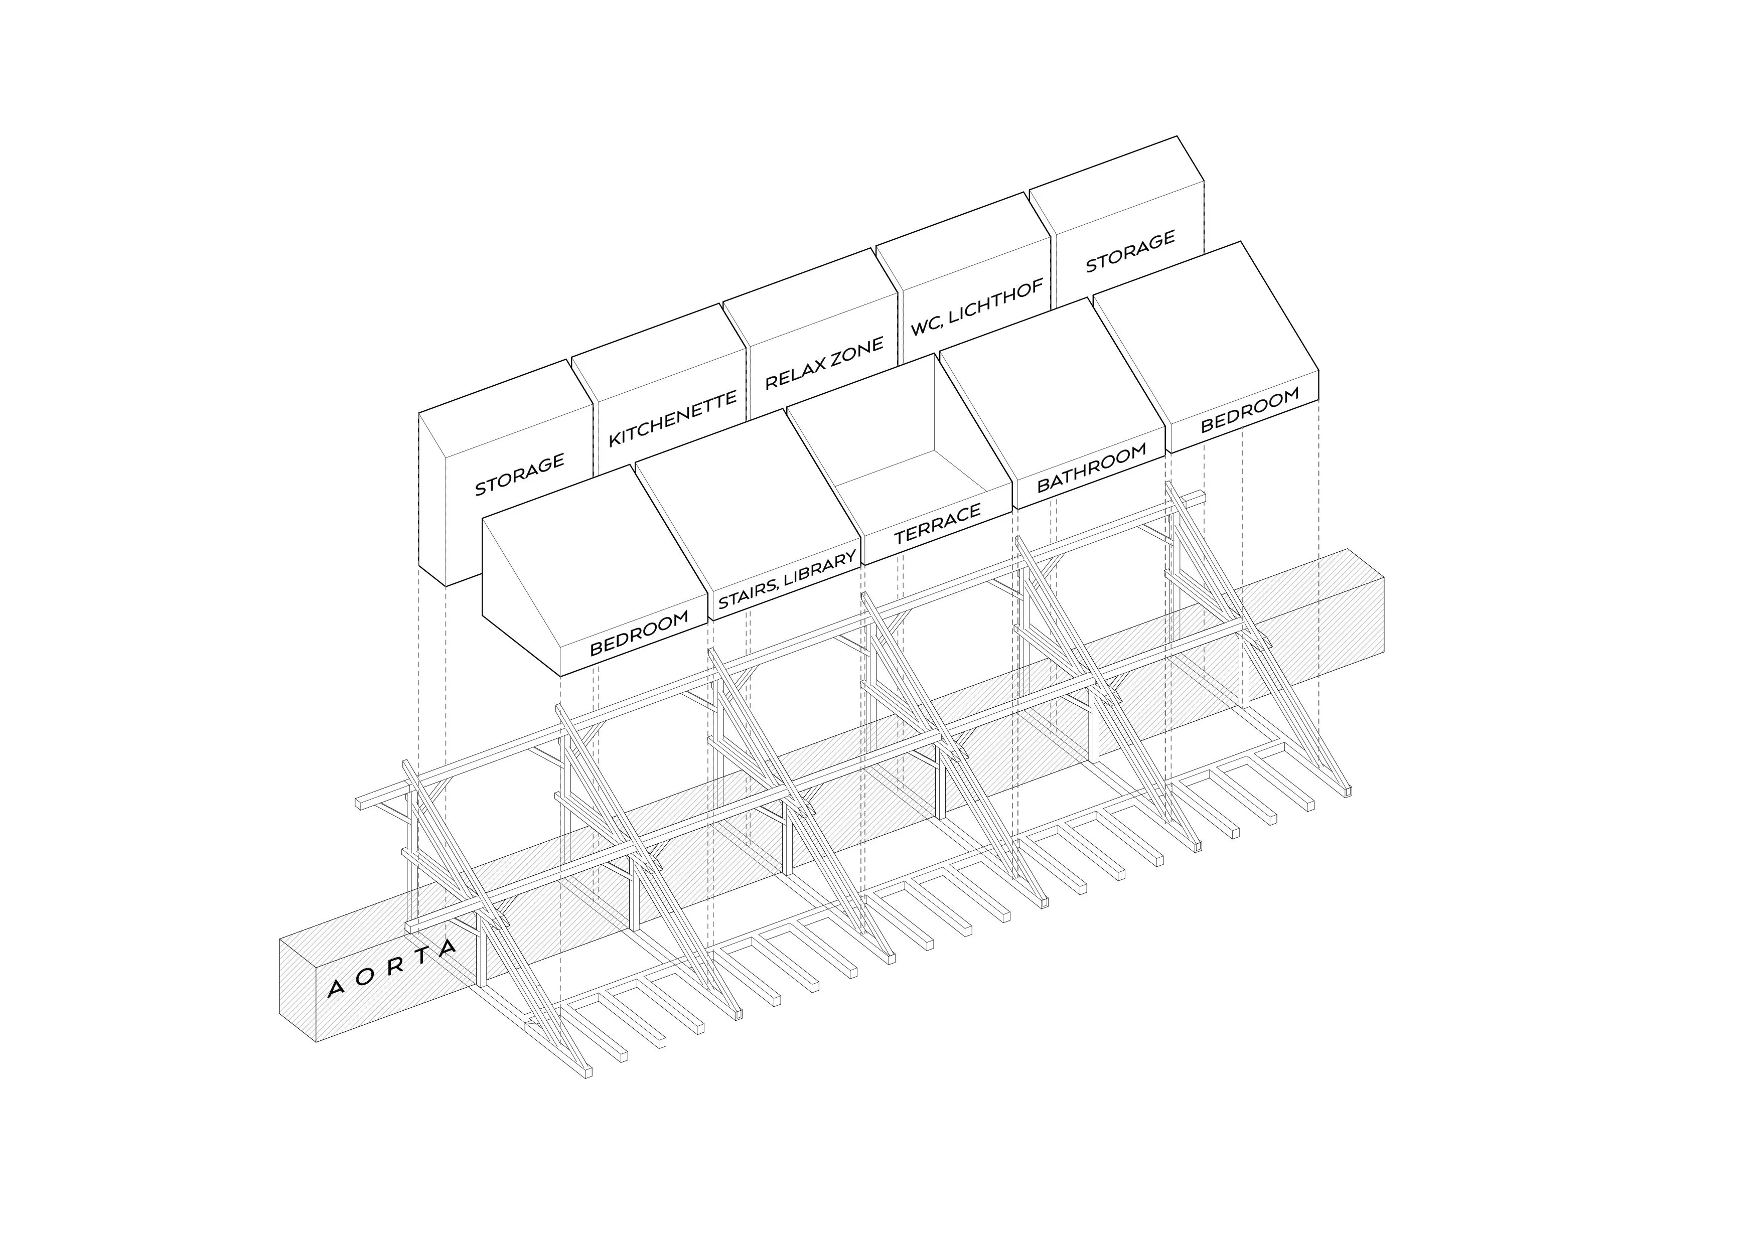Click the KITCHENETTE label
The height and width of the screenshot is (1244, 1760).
point(672,418)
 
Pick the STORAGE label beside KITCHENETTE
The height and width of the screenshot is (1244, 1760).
point(520,474)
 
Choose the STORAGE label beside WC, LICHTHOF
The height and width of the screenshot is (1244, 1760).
point(1130,251)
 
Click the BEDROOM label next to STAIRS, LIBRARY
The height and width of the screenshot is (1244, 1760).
point(639,633)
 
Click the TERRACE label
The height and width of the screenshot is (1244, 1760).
point(938,524)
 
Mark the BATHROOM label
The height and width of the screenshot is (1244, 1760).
point(1092,468)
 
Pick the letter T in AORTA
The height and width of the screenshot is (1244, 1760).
point(419,955)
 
